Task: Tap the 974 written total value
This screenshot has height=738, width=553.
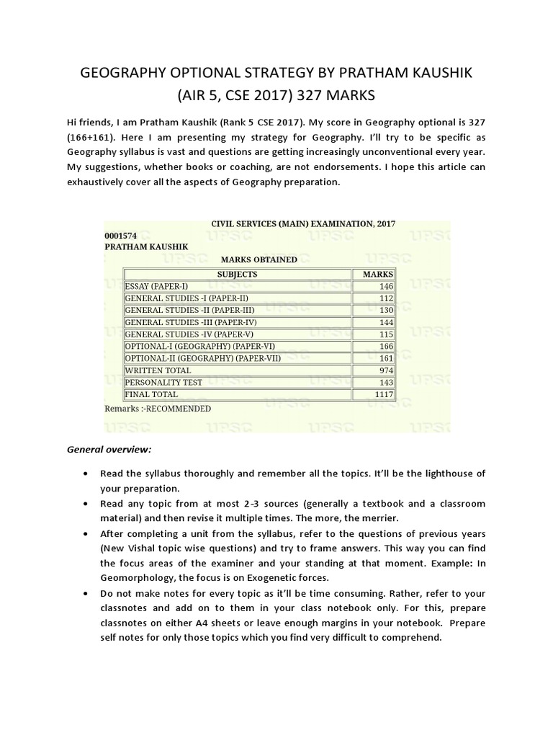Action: pos(382,370)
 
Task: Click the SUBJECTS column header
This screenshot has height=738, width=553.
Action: pos(237,274)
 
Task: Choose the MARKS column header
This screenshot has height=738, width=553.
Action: pos(377,274)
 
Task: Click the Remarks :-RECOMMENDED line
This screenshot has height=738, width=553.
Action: pos(158,409)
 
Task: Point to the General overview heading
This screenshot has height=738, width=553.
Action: pos(109,449)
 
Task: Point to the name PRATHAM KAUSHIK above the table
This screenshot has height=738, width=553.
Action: pos(146,246)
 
